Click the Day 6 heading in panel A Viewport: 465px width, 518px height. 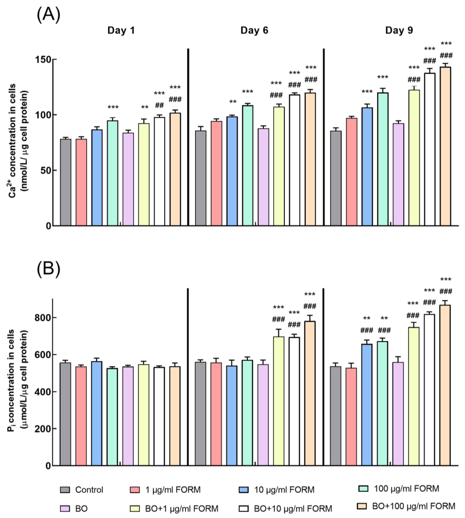[x=254, y=30]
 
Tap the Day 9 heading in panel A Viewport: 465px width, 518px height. [x=399, y=30]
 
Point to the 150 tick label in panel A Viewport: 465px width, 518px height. [x=43, y=59]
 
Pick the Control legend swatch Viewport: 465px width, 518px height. [x=65, y=490]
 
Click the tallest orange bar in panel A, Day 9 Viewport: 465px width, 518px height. [x=445, y=146]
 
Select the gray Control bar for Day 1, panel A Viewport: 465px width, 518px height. [x=66, y=182]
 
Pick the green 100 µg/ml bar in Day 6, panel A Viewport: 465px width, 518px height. [x=248, y=166]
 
